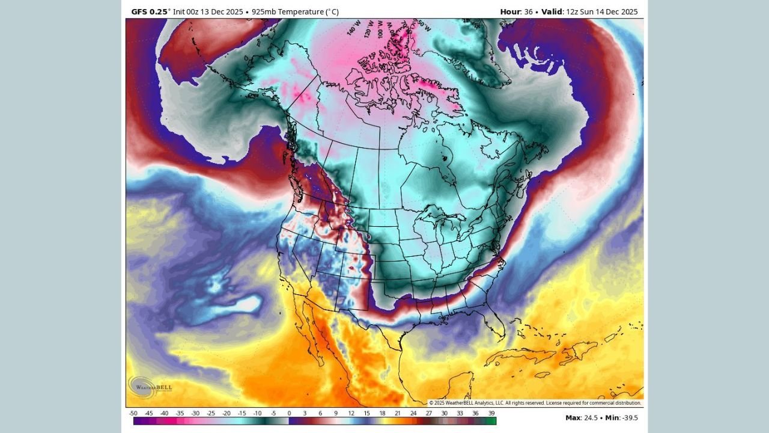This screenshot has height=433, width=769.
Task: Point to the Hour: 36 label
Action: (515, 11)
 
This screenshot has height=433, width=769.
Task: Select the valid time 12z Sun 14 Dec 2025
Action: (601, 11)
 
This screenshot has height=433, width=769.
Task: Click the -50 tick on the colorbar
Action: (133, 413)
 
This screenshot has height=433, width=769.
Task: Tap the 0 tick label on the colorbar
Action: (289, 413)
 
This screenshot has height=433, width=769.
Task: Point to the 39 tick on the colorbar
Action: (491, 413)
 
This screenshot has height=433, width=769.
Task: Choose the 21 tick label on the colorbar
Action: (398, 413)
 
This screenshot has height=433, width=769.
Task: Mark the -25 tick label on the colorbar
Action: (211, 413)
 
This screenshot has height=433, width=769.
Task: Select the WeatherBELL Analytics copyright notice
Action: (535, 403)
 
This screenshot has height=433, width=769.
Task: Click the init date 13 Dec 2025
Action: (219, 11)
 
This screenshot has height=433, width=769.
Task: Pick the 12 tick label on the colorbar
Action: (351, 413)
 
